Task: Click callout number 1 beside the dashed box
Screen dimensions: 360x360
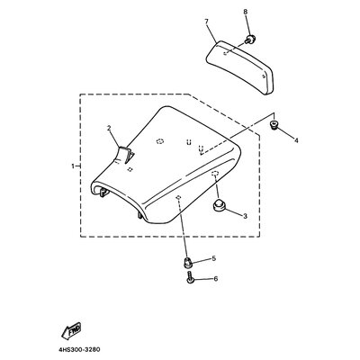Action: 73,166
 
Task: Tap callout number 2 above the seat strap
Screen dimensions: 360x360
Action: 109,128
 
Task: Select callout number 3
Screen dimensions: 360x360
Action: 245,216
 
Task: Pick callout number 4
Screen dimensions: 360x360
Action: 296,140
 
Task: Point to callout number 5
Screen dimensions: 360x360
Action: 214,258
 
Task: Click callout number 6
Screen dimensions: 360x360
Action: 215,279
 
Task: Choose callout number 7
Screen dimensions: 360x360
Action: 206,22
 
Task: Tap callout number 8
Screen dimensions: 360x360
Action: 246,12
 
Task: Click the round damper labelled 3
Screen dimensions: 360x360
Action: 219,206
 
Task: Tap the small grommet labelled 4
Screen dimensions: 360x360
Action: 274,125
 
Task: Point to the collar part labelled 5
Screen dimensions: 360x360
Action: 187,263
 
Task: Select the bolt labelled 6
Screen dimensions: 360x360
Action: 190,276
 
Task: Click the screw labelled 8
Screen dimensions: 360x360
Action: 249,40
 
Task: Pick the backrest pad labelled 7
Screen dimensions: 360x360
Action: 240,67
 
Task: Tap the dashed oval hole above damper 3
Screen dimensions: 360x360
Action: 215,174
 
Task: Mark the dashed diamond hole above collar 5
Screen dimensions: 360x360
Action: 178,197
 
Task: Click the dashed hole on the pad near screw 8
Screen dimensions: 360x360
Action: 226,54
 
